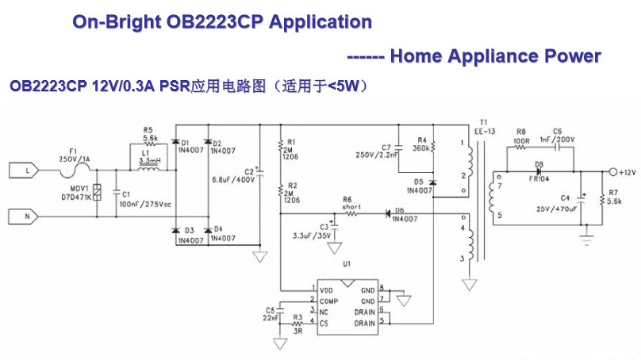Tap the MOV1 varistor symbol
[x=96, y=191]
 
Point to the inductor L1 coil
[x=148, y=168]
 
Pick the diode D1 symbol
[x=175, y=144]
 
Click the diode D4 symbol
[x=208, y=229]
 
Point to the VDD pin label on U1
[x=327, y=290]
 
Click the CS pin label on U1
[x=324, y=323]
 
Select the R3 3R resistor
[x=297, y=323]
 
